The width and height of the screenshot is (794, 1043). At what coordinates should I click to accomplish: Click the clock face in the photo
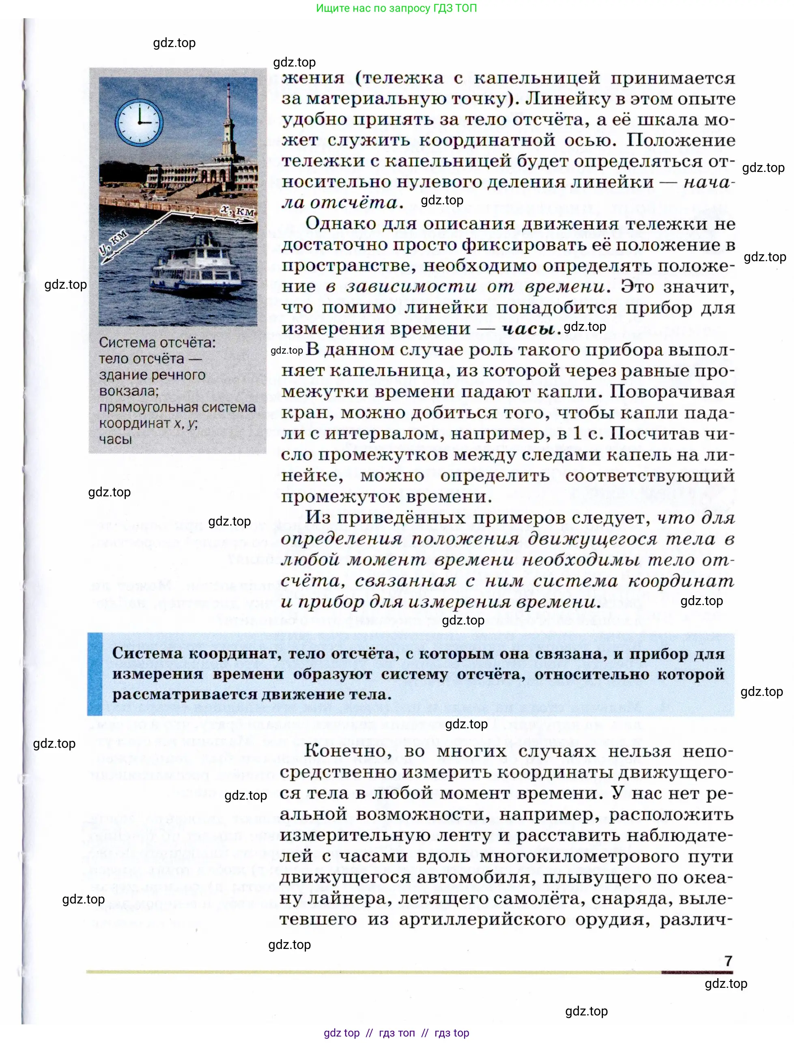[140, 122]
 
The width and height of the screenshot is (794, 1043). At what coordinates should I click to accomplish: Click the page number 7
[728, 961]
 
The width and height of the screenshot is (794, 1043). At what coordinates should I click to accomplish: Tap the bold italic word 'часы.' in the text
[531, 329]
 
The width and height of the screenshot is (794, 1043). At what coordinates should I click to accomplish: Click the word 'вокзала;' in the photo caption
[129, 391]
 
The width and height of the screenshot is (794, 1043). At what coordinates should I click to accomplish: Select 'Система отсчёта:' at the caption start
[157, 343]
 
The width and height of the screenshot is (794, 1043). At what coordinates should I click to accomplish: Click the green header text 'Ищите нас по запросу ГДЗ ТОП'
[396, 8]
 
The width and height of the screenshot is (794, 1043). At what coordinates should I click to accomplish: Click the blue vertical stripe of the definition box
[95, 674]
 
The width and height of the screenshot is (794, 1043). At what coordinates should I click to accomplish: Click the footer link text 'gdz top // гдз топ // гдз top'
[396, 1033]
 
